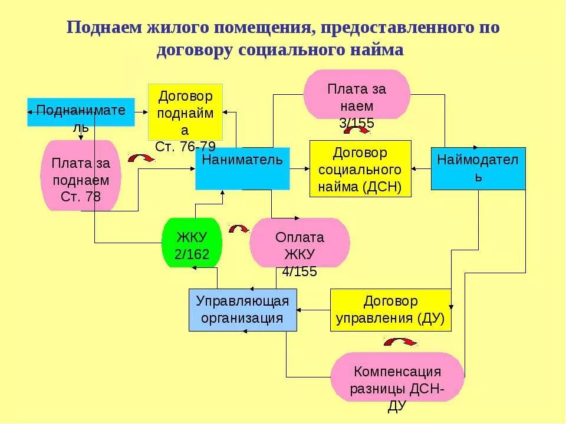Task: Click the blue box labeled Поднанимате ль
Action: (81, 112)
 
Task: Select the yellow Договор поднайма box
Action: (185, 112)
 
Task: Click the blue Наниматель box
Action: (242, 168)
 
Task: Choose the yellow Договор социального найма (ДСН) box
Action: (360, 168)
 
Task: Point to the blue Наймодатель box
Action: (478, 168)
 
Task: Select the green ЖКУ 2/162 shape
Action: (192, 243)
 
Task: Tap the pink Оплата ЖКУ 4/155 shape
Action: (300, 243)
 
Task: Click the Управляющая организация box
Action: (243, 310)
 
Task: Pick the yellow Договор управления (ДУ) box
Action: (391, 310)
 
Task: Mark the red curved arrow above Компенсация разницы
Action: (400, 342)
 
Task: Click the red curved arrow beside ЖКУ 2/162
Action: (239, 228)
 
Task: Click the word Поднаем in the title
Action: (104, 28)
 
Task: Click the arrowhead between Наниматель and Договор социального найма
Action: (307, 169)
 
